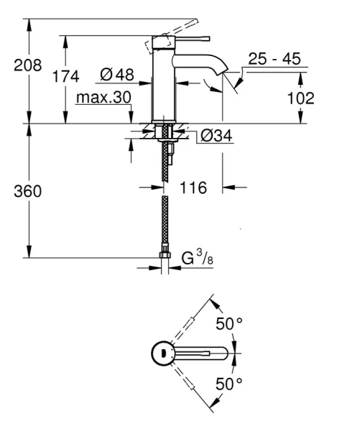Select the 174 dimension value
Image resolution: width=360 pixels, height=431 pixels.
65,77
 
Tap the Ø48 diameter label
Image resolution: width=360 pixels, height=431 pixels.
117,74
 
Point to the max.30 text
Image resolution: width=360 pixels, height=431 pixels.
102,97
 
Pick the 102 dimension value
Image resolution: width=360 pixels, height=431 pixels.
295,98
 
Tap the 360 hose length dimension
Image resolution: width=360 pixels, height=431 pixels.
28,192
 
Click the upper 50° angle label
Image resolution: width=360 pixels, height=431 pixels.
229,324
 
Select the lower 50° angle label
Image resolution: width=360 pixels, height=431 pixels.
229,384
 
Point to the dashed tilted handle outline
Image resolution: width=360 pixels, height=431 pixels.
158,43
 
